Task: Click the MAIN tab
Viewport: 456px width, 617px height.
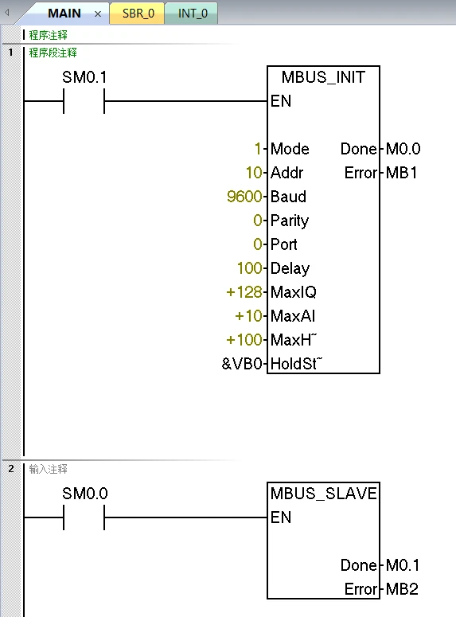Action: coord(64,14)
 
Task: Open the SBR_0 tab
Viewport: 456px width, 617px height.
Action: coord(138,14)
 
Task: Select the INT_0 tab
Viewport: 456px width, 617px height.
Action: coord(192,14)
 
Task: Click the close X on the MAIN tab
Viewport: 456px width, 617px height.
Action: coord(98,14)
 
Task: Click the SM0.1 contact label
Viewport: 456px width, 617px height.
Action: coord(84,78)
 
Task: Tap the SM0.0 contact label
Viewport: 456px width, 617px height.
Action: coord(84,494)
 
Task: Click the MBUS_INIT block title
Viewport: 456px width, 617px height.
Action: coord(323,78)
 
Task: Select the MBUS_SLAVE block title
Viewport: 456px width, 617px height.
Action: coord(323,494)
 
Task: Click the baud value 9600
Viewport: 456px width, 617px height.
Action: coord(244,197)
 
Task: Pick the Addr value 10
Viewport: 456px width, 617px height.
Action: coord(254,173)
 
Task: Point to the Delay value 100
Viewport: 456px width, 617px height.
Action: coord(249,268)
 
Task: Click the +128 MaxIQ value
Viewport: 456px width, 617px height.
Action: coord(244,292)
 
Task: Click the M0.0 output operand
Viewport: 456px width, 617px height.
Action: coord(403,149)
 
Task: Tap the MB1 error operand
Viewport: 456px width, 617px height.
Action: coord(401,173)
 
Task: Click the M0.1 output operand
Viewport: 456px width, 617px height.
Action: coord(403,565)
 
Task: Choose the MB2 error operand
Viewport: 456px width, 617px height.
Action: coord(401,589)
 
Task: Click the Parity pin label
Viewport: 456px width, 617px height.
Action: coord(290,221)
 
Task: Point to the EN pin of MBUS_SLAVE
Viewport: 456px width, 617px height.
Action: coord(281,517)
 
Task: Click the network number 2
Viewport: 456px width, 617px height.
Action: coord(11,469)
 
